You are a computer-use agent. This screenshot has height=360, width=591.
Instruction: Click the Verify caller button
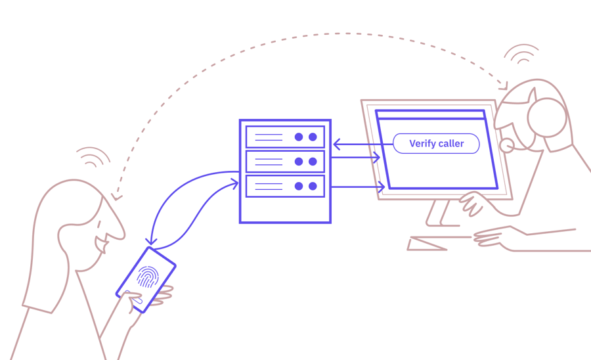click(436, 144)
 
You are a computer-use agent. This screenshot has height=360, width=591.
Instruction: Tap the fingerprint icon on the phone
click(148, 277)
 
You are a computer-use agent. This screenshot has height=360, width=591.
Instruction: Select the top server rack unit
click(285, 137)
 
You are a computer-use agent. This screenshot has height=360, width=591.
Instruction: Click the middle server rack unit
click(285, 162)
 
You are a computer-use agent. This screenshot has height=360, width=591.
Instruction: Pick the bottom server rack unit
click(285, 186)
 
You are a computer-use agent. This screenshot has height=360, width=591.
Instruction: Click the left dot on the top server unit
click(299, 137)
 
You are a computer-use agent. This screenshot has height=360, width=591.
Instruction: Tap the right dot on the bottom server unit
click(313, 186)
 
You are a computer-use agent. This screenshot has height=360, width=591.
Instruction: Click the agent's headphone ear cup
click(547, 118)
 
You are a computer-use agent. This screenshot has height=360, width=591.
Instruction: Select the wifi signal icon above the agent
click(522, 54)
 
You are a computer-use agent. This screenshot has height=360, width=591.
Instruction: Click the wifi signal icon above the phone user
click(93, 156)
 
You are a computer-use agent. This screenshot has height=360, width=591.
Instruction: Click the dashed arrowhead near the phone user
click(116, 196)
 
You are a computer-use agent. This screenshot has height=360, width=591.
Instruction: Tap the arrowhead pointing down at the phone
click(151, 242)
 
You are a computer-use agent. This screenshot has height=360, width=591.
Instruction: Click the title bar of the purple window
click(430, 115)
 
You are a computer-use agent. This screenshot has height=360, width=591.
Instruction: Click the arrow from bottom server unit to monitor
click(358, 187)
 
